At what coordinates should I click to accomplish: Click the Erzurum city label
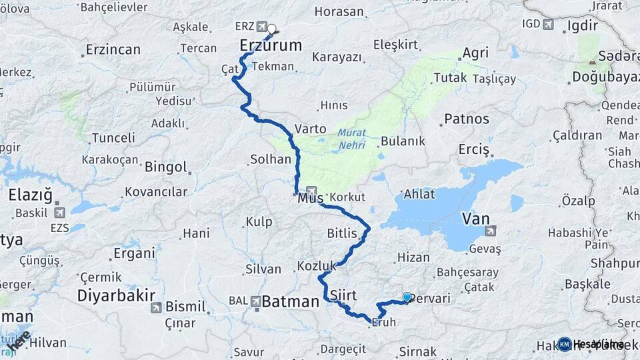[271, 45]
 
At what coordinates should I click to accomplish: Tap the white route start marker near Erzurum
[272, 29]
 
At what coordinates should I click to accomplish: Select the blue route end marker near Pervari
[407, 297]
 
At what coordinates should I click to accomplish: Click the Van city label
[476, 218]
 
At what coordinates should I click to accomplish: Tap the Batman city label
[290, 302]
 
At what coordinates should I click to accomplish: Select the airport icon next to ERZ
[261, 27]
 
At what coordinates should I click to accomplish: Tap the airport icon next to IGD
[549, 25]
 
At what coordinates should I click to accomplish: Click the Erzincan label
[113, 49]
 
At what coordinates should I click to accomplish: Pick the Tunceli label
[113, 137]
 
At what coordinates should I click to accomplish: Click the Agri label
[475, 53]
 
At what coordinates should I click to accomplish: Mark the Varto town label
[310, 129]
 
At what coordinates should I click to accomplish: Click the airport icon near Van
[491, 231]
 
